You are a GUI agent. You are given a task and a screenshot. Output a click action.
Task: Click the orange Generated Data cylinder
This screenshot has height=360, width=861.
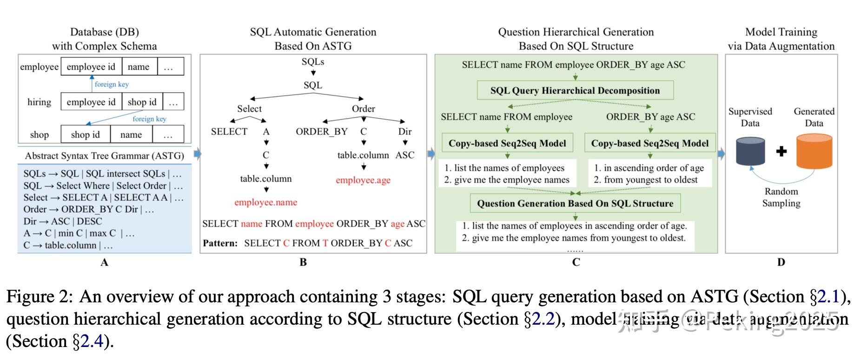coord(814,152)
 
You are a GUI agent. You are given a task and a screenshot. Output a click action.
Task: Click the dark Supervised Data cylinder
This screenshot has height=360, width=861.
coord(750,151)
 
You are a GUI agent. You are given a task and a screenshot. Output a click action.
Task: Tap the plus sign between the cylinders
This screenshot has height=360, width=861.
coord(782,151)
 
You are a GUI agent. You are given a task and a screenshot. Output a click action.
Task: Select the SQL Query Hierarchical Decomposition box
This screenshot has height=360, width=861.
coord(575,91)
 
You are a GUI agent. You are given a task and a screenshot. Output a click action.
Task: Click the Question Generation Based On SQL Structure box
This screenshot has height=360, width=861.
coord(575,203)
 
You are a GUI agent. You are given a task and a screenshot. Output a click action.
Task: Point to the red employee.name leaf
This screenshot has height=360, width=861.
coord(265,202)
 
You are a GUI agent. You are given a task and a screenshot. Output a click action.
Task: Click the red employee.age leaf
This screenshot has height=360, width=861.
coord(363,180)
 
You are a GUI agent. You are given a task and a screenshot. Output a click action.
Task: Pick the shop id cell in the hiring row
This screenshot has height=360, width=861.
coord(142,102)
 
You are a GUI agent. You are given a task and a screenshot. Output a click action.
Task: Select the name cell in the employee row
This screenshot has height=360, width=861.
coord(139,67)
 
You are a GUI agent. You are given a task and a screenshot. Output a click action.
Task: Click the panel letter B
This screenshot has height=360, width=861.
coord(303,262)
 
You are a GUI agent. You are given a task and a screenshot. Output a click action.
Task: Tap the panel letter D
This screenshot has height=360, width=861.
coord(781,262)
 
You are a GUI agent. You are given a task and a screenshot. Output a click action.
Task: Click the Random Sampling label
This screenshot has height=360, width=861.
coord(781,197)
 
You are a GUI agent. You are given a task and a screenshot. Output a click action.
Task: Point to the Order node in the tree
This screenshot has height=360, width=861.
coord(363,108)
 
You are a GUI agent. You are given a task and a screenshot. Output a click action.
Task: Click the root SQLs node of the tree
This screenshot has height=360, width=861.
coord(313,61)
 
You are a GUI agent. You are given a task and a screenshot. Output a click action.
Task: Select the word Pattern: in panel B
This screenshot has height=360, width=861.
coord(220,243)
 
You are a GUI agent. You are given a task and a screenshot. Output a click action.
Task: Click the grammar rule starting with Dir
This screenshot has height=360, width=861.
coord(63,221)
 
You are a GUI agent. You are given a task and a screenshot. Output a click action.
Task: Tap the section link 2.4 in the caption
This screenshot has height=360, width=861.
coord(92,341)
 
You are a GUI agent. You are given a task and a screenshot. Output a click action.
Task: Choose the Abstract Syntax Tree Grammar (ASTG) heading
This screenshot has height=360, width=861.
coord(104,156)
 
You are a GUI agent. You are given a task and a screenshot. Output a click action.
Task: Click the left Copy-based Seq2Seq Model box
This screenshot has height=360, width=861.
coord(507,143)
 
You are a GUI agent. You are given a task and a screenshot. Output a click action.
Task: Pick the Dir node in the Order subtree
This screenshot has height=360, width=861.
coord(405,132)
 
